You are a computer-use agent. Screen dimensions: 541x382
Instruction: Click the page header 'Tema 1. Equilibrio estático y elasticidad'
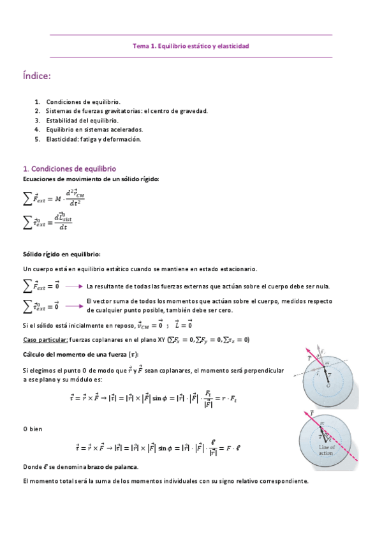point(191,46)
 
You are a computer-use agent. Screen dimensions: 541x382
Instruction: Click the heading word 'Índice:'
point(36,77)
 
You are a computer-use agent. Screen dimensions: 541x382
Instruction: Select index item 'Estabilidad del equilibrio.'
point(82,120)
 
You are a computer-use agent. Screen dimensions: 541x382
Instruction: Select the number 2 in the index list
point(38,110)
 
